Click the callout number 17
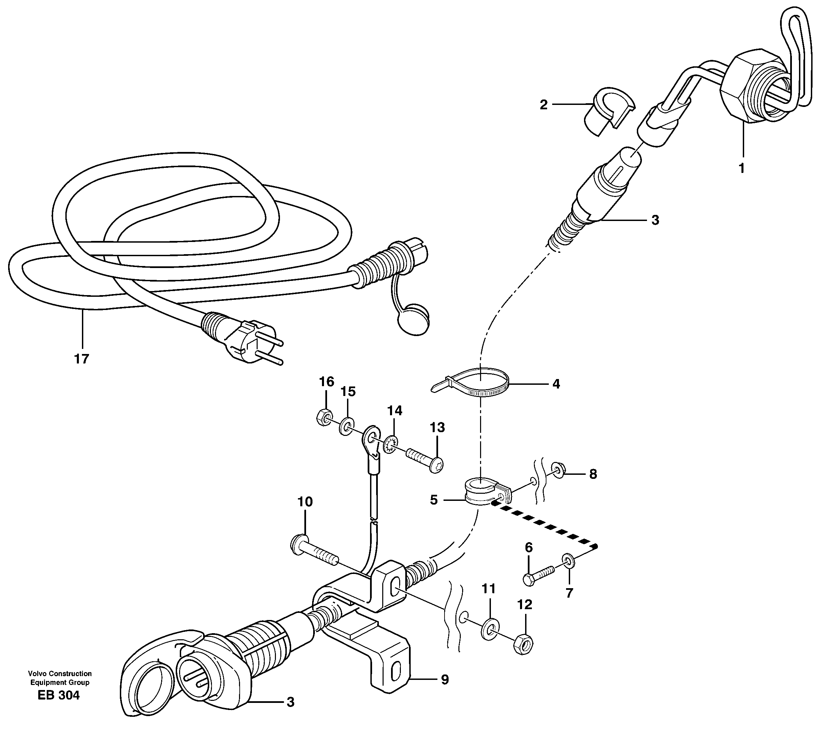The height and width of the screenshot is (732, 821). (81, 358)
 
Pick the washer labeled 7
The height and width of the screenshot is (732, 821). (567, 561)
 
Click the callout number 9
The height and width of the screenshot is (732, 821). (445, 680)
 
